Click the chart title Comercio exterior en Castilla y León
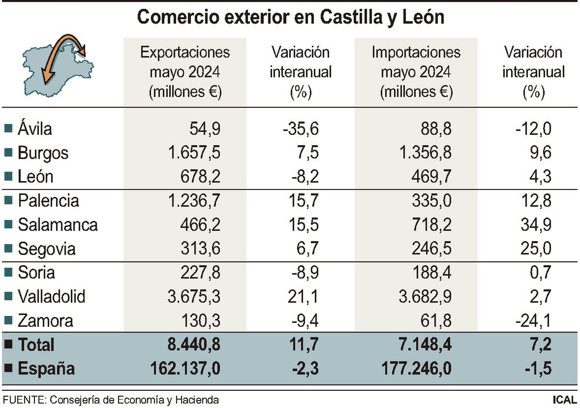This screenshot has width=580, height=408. (290, 17)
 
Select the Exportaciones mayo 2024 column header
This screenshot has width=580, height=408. (185, 72)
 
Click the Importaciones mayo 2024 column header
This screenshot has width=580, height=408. (416, 72)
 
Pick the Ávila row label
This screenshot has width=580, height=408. (35, 129)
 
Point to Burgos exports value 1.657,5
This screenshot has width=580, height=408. (194, 153)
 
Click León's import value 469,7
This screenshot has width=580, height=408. (431, 177)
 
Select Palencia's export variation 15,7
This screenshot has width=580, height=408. (303, 201)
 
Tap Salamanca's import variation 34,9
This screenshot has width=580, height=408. (536, 224)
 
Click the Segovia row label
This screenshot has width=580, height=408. (47, 249)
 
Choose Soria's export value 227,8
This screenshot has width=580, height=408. (200, 272)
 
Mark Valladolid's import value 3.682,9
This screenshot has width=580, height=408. (425, 297)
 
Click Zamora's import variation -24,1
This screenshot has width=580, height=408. (533, 321)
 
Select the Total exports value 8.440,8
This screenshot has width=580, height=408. (194, 345)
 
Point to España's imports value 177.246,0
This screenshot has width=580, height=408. (417, 368)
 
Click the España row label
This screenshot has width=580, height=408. (46, 368)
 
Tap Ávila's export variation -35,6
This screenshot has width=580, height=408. (301, 129)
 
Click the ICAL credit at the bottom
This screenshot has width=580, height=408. (564, 400)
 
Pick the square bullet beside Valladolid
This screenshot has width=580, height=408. (8, 297)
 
